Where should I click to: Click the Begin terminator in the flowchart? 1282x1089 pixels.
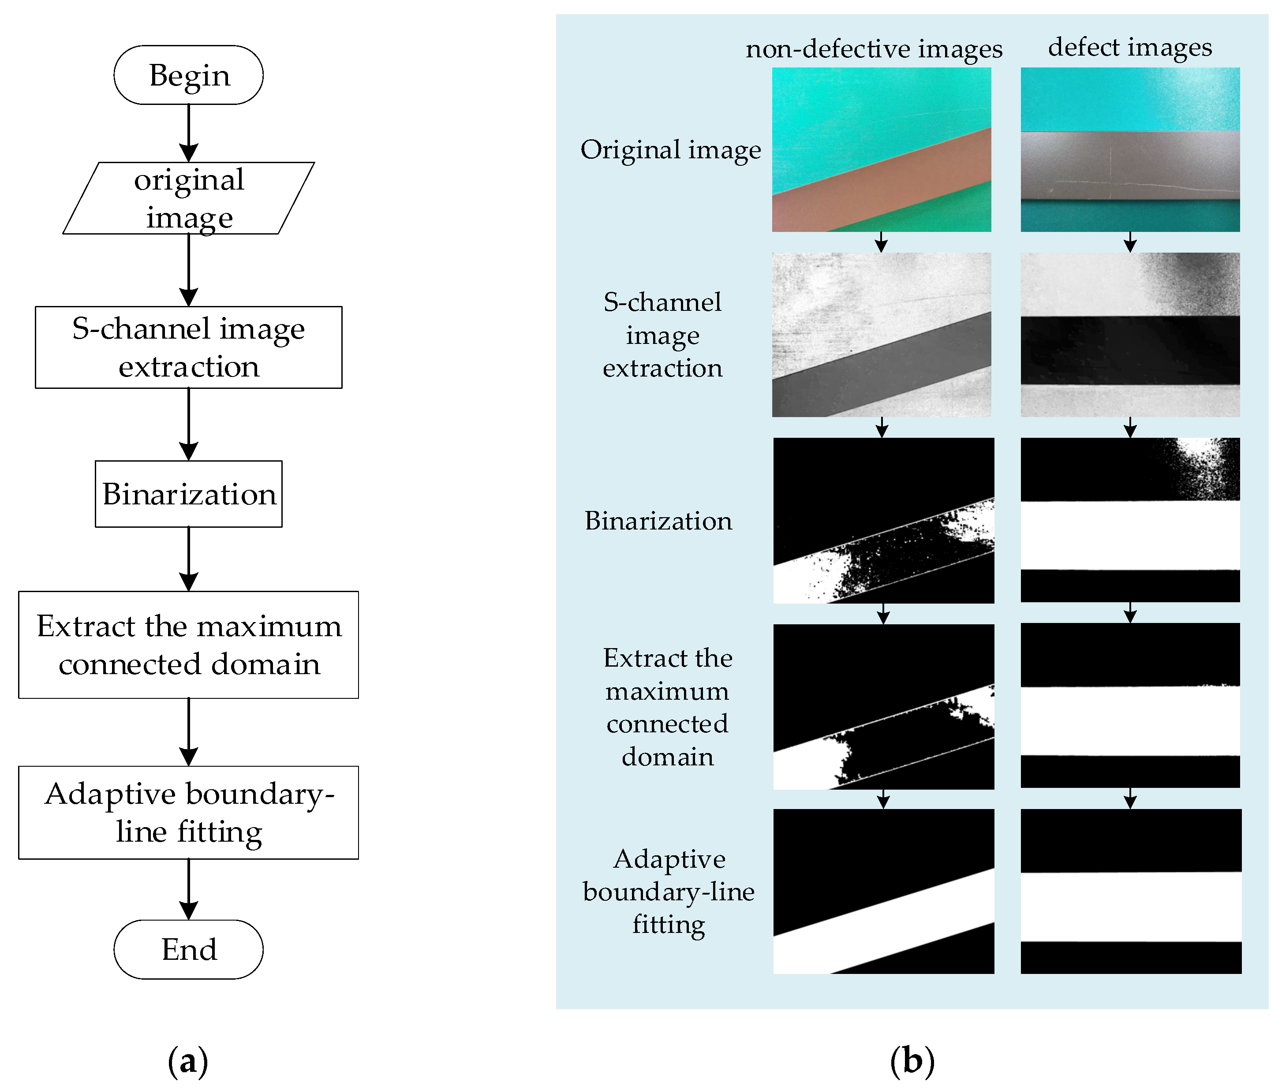(188, 75)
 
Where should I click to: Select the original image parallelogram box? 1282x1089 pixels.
(188, 198)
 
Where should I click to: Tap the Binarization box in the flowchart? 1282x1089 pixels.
(188, 494)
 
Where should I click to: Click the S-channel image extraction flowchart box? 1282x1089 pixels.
(188, 347)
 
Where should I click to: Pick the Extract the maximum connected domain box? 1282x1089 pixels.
(188, 645)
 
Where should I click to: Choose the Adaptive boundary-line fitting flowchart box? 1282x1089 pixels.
(188, 813)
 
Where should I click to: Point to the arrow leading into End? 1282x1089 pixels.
(188, 889)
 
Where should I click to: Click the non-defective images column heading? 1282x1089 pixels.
(874, 49)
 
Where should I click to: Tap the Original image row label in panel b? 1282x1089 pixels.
(670, 150)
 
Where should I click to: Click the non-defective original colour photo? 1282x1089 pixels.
(881, 149)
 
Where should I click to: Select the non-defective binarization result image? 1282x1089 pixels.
(883, 520)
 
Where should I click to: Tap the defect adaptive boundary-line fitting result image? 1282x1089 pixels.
(1130, 891)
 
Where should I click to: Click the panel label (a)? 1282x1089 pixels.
(188, 1061)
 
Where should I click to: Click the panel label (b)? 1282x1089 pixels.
(912, 1061)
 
